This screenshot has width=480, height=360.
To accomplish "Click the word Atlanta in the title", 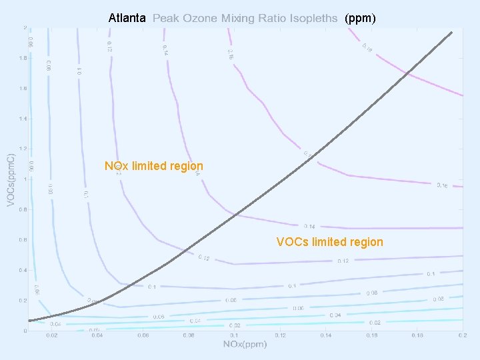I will click(127, 19).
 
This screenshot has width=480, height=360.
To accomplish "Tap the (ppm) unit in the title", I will click(360, 19).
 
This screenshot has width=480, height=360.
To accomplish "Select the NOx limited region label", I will click(154, 165).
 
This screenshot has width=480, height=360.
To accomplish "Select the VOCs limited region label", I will click(330, 242).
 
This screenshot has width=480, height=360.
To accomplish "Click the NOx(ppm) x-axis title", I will click(245, 344).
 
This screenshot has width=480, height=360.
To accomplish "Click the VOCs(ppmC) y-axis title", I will click(11, 179).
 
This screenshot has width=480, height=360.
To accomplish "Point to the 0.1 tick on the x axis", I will click(234, 335).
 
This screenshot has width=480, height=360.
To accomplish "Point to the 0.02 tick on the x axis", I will click(51, 335).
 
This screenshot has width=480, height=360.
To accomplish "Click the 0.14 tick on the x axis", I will click(325, 335).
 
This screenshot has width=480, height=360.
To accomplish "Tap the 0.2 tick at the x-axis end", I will click(462, 335).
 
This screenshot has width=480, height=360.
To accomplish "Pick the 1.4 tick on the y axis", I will click(23, 119).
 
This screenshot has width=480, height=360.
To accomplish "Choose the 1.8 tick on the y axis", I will click(23, 58).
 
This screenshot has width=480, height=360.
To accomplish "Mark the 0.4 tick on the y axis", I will click(23, 270).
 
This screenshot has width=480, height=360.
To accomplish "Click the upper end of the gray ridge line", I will click(452, 32).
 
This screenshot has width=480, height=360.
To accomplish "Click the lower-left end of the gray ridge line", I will click(29, 321).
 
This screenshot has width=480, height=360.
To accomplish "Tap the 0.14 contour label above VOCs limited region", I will click(309, 227).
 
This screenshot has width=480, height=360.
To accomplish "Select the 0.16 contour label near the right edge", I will click(442, 185).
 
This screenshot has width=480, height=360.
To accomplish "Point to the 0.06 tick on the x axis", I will click(143, 335).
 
